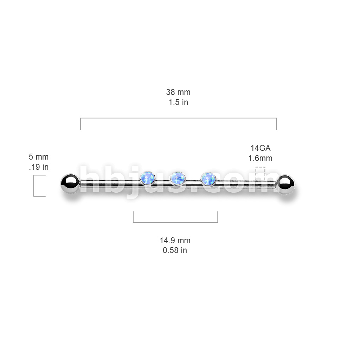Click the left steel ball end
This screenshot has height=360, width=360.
point(70,184)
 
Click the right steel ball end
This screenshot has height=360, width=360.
point(285,185)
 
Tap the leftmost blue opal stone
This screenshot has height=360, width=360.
point(147,178)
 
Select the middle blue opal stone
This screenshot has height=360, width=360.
point(178,178)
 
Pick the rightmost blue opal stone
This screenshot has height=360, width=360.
point(208,179)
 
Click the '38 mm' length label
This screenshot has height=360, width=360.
point(178,92)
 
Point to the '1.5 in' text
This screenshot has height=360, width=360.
point(178,102)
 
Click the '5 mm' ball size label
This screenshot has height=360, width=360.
point(39,157)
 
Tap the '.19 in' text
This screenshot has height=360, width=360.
point(39,167)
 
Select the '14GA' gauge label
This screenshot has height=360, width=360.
point(261,148)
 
